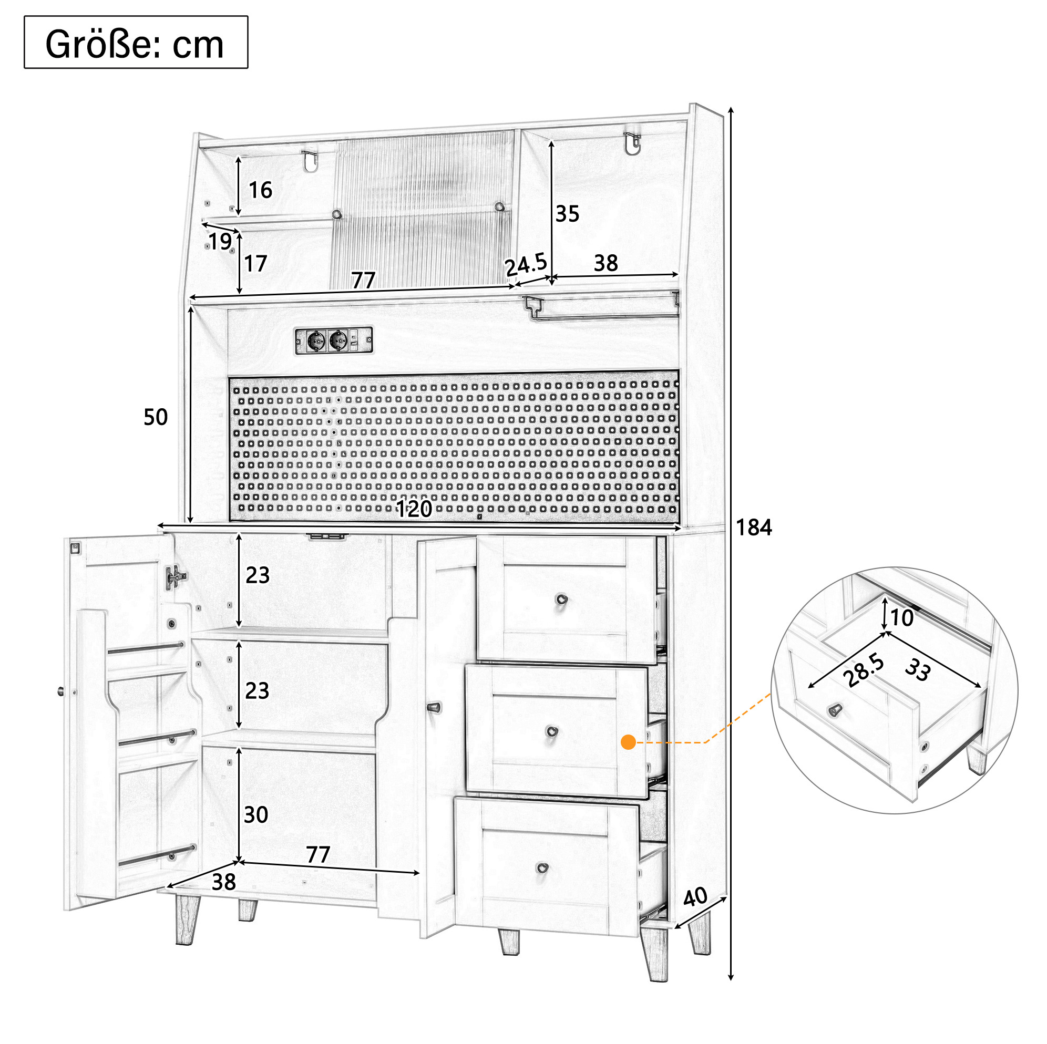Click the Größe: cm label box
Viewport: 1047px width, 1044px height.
pyautogui.click(x=136, y=42)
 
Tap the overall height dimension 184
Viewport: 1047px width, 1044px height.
pyautogui.click(x=754, y=527)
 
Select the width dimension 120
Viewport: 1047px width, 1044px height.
pyautogui.click(x=414, y=509)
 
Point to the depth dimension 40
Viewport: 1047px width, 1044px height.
pyautogui.click(x=695, y=897)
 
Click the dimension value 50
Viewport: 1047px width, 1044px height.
pyautogui.click(x=156, y=417)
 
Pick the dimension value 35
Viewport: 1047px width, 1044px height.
pyautogui.click(x=568, y=214)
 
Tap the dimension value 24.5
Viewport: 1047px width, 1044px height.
pyautogui.click(x=526, y=265)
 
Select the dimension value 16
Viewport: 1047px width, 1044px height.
pyautogui.click(x=260, y=190)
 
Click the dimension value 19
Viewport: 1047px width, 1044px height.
pyautogui.click(x=220, y=242)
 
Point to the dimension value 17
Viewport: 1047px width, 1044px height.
pyautogui.click(x=255, y=264)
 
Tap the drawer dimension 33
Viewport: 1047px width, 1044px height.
pyautogui.click(x=918, y=669)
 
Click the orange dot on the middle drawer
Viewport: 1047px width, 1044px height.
pyautogui.click(x=629, y=742)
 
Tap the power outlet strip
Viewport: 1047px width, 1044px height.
pyautogui.click(x=334, y=341)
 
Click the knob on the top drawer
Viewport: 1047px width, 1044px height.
pyautogui.click(x=562, y=600)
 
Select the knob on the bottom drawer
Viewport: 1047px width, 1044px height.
pyautogui.click(x=542, y=868)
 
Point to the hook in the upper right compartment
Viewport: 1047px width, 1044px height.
pyautogui.click(x=632, y=143)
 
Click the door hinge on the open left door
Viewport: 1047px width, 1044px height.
pyautogui.click(x=175, y=577)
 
